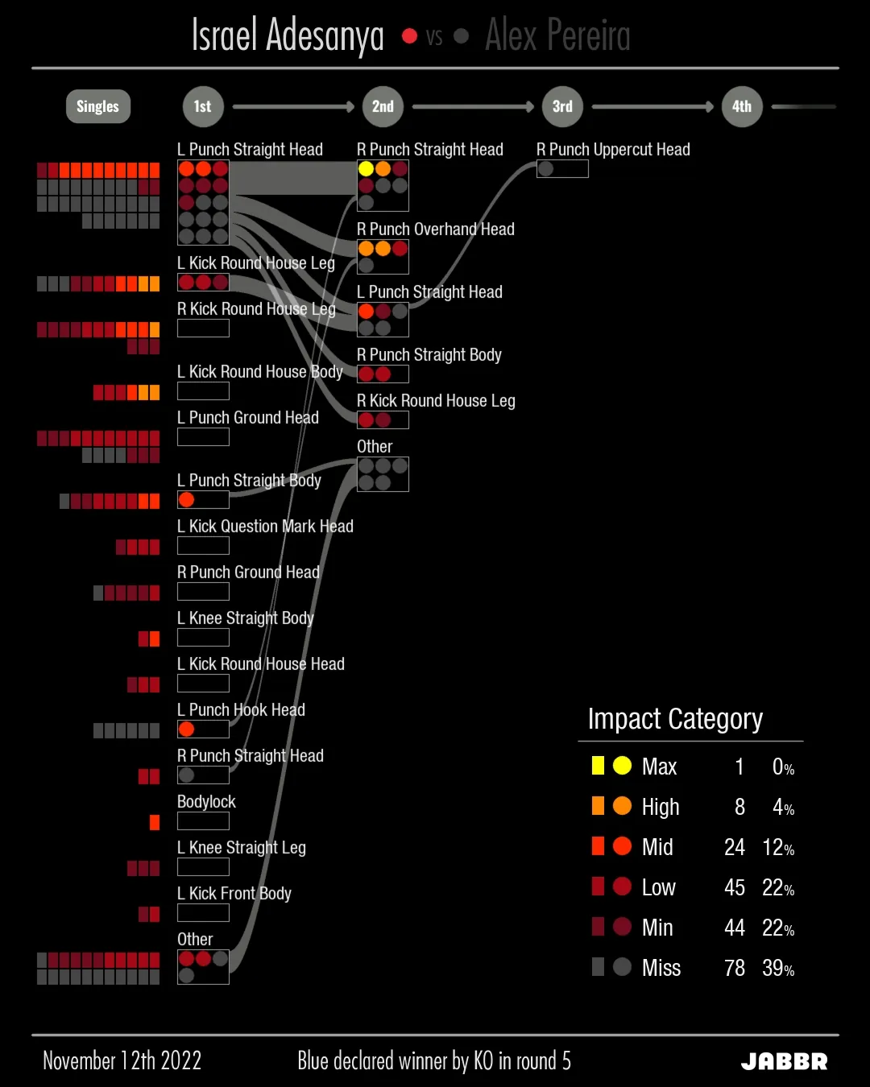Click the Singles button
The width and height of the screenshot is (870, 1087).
[97, 106]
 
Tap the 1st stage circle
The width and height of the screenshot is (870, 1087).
[202, 106]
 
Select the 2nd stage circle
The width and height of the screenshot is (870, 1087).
[383, 106]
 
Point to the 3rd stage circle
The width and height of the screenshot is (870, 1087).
[562, 106]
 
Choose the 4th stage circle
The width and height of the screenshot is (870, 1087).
[742, 106]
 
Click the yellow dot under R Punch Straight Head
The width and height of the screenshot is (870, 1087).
[366, 168]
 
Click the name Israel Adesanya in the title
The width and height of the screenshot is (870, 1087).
[288, 35]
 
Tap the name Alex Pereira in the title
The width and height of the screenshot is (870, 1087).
[557, 35]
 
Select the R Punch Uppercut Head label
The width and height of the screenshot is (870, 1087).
[613, 150]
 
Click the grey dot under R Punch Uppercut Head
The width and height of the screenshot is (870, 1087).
[545, 168]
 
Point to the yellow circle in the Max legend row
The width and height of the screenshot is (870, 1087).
[622, 766]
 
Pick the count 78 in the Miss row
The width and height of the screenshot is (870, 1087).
[734, 968]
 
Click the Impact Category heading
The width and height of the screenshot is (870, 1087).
[675, 718]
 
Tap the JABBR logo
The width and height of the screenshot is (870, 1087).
[784, 1061]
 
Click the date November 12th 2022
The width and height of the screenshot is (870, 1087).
[122, 1060]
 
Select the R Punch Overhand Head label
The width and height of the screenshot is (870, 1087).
[435, 229]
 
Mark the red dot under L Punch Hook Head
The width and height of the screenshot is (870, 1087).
[187, 729]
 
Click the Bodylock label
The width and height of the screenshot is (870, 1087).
[206, 802]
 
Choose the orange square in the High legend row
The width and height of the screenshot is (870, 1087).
[598, 806]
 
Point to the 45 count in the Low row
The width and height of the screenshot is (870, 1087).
[734, 887]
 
